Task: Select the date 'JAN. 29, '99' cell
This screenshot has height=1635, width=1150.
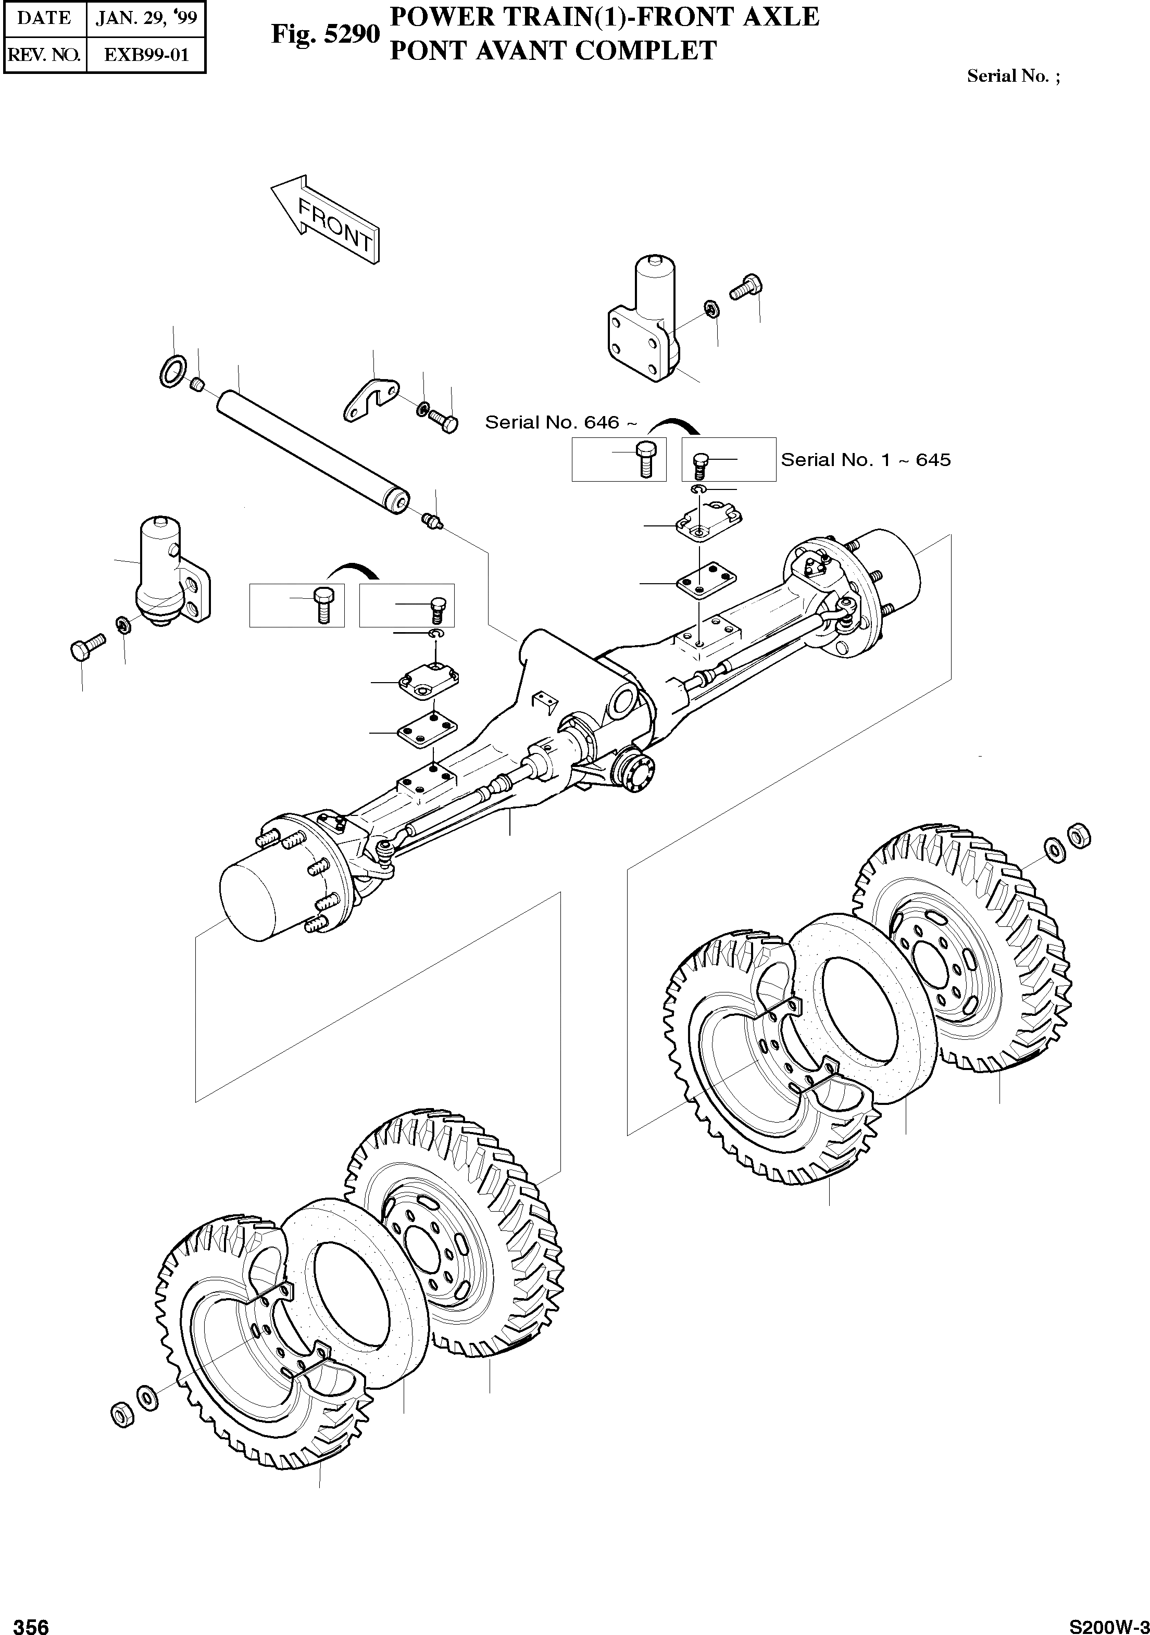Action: (146, 18)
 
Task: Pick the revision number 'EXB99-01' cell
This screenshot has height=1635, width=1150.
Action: (146, 55)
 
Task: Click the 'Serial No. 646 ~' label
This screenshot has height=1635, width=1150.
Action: (560, 422)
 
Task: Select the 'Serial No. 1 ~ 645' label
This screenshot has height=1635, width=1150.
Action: (865, 459)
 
